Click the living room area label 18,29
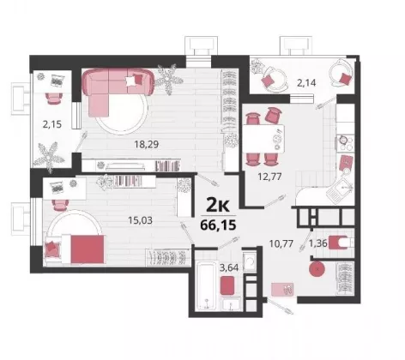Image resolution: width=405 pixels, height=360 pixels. [x=147, y=144]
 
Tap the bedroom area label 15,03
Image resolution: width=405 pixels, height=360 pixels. [x=140, y=220]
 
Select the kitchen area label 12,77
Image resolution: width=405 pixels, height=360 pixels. [x=269, y=177]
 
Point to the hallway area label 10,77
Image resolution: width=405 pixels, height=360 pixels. [x=281, y=243]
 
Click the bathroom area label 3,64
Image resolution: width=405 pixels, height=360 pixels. [x=229, y=267]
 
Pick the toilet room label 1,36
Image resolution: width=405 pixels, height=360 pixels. [x=317, y=243]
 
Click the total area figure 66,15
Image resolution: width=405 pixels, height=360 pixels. [x=218, y=225]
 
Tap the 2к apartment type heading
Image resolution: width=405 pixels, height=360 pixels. [x=218, y=206]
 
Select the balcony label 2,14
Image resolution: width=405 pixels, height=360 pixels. [x=306, y=83]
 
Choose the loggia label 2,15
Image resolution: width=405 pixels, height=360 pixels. [x=52, y=124]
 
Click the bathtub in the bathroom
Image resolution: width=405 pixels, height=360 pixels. [x=207, y=286]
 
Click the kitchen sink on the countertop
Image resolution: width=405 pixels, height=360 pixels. [x=340, y=191]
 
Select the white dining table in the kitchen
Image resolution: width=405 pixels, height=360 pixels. [x=263, y=139]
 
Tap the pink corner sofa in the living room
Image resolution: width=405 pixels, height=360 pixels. [x=115, y=90]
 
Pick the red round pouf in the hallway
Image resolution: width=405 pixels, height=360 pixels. [x=317, y=269]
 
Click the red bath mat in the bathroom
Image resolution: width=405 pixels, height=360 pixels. [x=228, y=285]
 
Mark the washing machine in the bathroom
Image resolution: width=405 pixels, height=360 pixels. [x=250, y=261]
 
